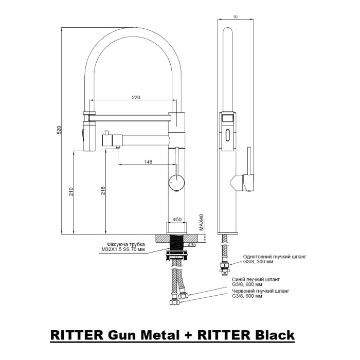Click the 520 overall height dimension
(59, 130)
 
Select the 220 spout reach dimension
(136, 97)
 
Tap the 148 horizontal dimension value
(148, 162)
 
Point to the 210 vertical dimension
(71, 191)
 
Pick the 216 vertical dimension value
(103, 191)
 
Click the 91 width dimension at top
(236, 17)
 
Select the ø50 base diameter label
(177, 219)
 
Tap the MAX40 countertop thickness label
(202, 222)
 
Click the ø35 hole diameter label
(192, 245)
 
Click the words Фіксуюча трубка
(126, 244)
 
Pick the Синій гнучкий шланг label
(256, 279)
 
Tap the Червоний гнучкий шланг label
(260, 291)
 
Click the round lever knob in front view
(176, 183)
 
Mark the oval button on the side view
(227, 135)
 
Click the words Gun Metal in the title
(143, 335)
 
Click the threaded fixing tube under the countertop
(176, 243)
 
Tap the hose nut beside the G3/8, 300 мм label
(225, 266)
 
